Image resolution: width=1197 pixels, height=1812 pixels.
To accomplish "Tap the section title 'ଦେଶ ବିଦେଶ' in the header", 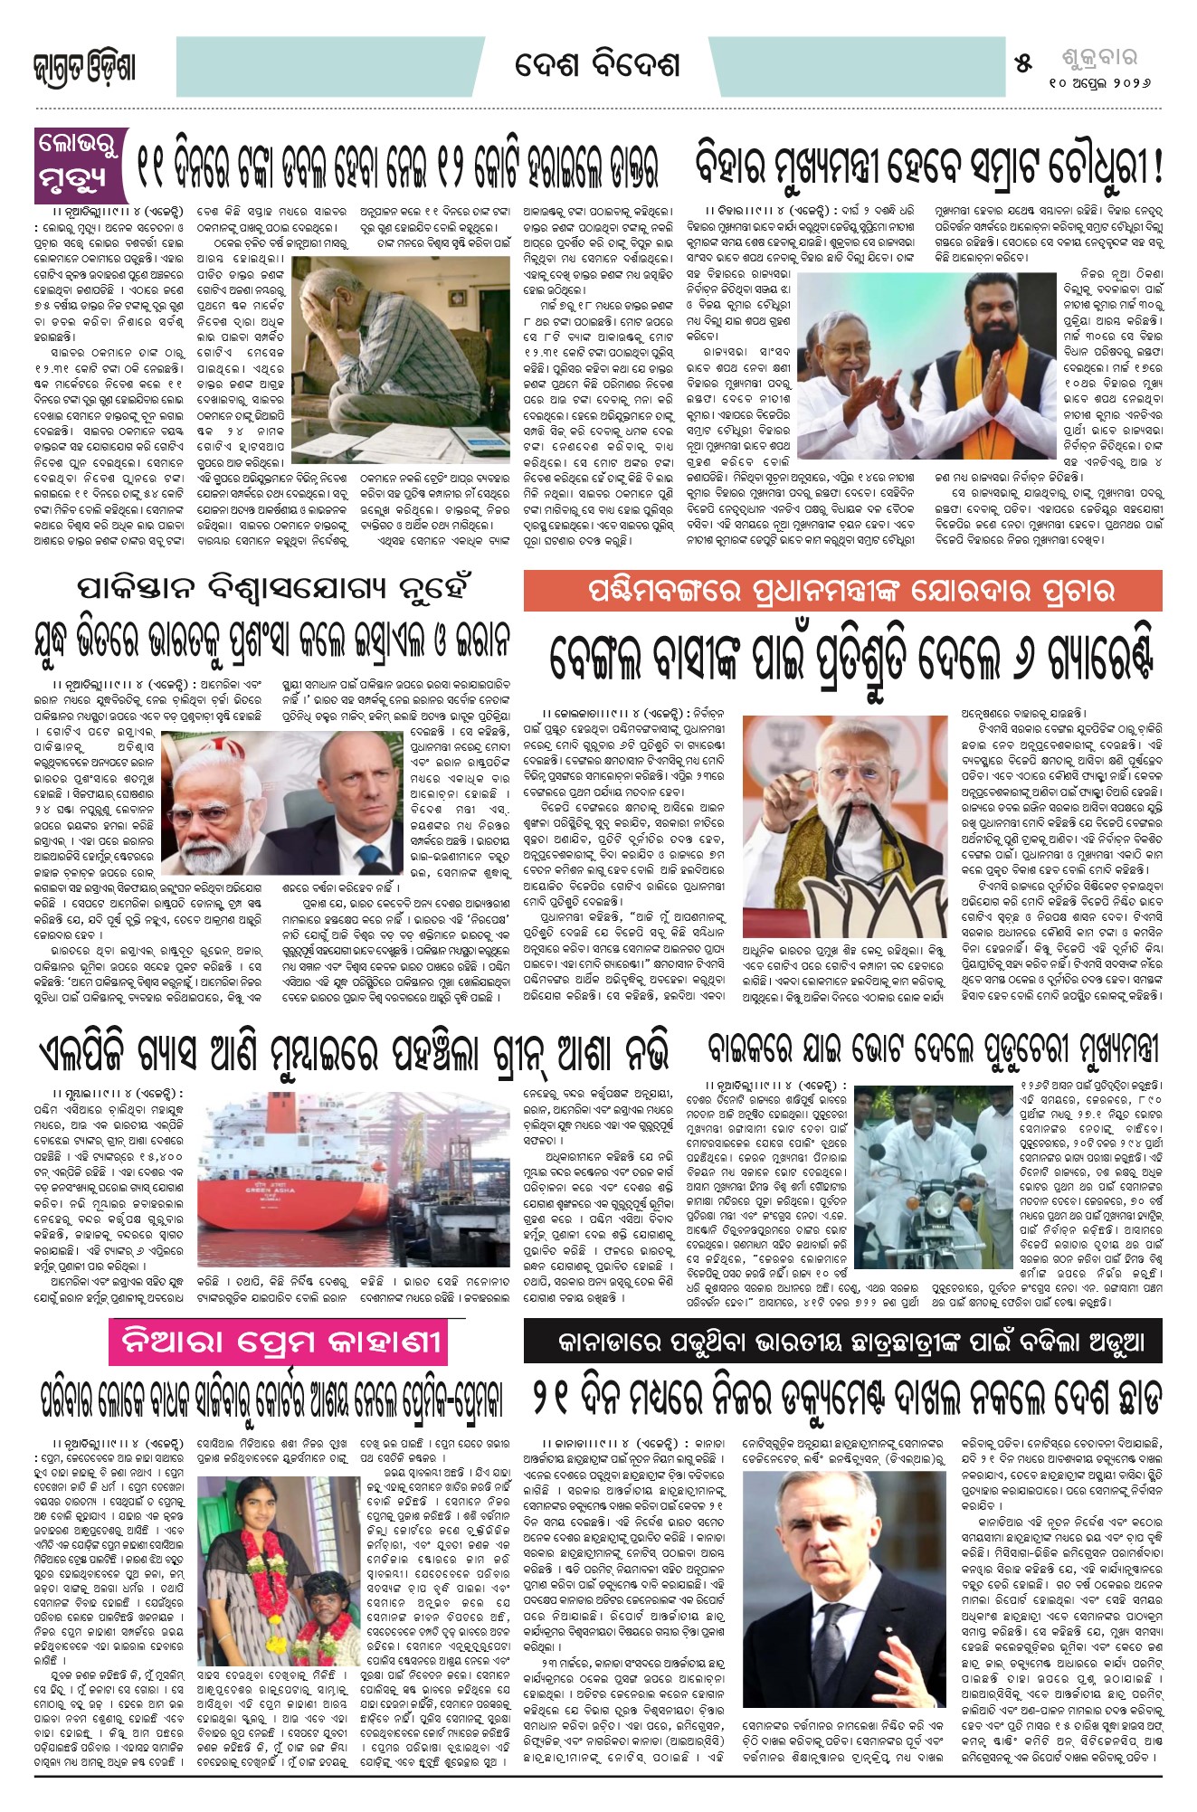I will tap(596, 66).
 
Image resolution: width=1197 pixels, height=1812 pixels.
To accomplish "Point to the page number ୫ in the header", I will tap(1023, 63).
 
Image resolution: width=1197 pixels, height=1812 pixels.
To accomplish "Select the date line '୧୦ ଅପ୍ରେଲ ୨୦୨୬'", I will tap(1099, 82).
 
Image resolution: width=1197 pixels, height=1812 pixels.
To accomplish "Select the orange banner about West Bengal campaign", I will tap(842, 593).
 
